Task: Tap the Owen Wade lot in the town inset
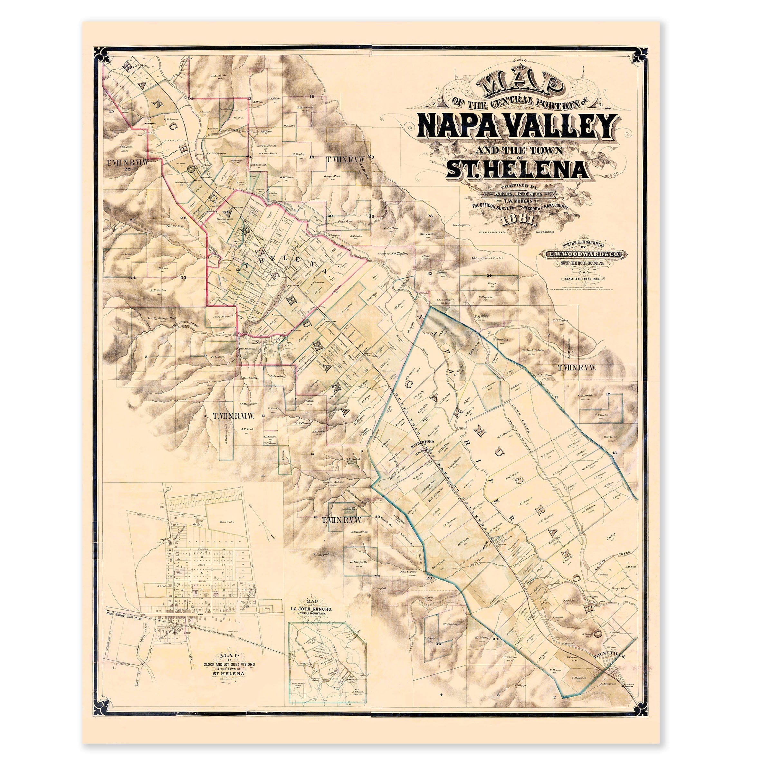point(226,522)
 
